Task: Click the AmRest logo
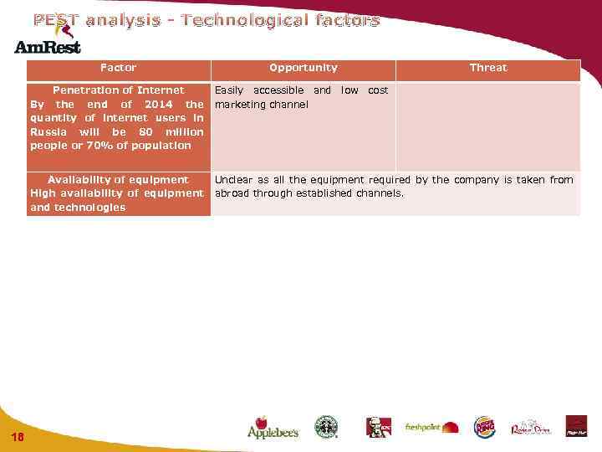(47, 43)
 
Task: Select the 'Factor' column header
(118, 68)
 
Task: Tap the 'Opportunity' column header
(303, 68)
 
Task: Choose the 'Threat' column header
(487, 68)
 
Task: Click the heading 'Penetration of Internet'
(118, 90)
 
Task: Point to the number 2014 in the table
(159, 105)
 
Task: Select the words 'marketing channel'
(262, 105)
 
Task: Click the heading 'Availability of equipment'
(118, 180)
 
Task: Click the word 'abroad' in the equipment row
(232, 193)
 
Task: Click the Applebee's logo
(272, 428)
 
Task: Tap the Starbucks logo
(325, 427)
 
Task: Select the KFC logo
(378, 428)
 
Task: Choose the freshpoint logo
(431, 428)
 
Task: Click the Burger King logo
(484, 428)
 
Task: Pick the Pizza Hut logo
(576, 426)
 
